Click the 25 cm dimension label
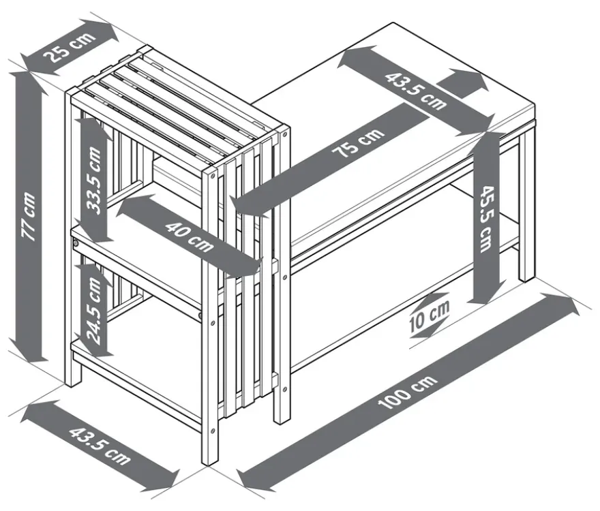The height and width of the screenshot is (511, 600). click(x=70, y=48)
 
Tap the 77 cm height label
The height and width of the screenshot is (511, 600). click(x=29, y=217)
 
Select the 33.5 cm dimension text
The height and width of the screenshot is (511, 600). click(x=94, y=180)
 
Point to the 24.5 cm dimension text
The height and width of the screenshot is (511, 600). click(x=94, y=309)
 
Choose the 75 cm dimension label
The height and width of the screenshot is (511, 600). click(x=357, y=142)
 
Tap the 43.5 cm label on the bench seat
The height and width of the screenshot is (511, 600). click(x=415, y=91)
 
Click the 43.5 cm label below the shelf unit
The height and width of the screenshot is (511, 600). click(x=100, y=446)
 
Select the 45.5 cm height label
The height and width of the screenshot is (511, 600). click(x=486, y=219)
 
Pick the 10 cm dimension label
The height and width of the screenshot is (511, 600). click(x=430, y=316)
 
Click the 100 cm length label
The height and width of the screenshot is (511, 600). click(x=407, y=392)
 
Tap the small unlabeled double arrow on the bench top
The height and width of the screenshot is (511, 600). click(x=462, y=82)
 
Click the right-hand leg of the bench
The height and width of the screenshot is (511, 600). click(x=526, y=206)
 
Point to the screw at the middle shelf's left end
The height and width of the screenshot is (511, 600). click(x=76, y=243)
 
